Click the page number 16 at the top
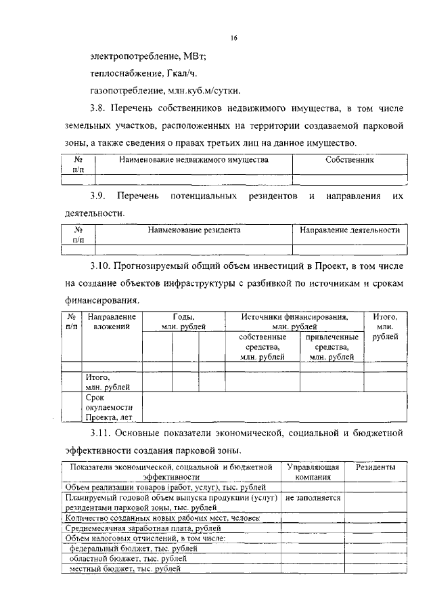233,39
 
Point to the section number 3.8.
99,108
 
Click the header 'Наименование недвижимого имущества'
193,160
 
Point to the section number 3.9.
99,196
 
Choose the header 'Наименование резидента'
194,230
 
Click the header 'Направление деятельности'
350,230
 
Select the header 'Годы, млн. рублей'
183,321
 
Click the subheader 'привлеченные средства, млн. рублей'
332,347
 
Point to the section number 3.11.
102,431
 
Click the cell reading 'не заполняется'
313,497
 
